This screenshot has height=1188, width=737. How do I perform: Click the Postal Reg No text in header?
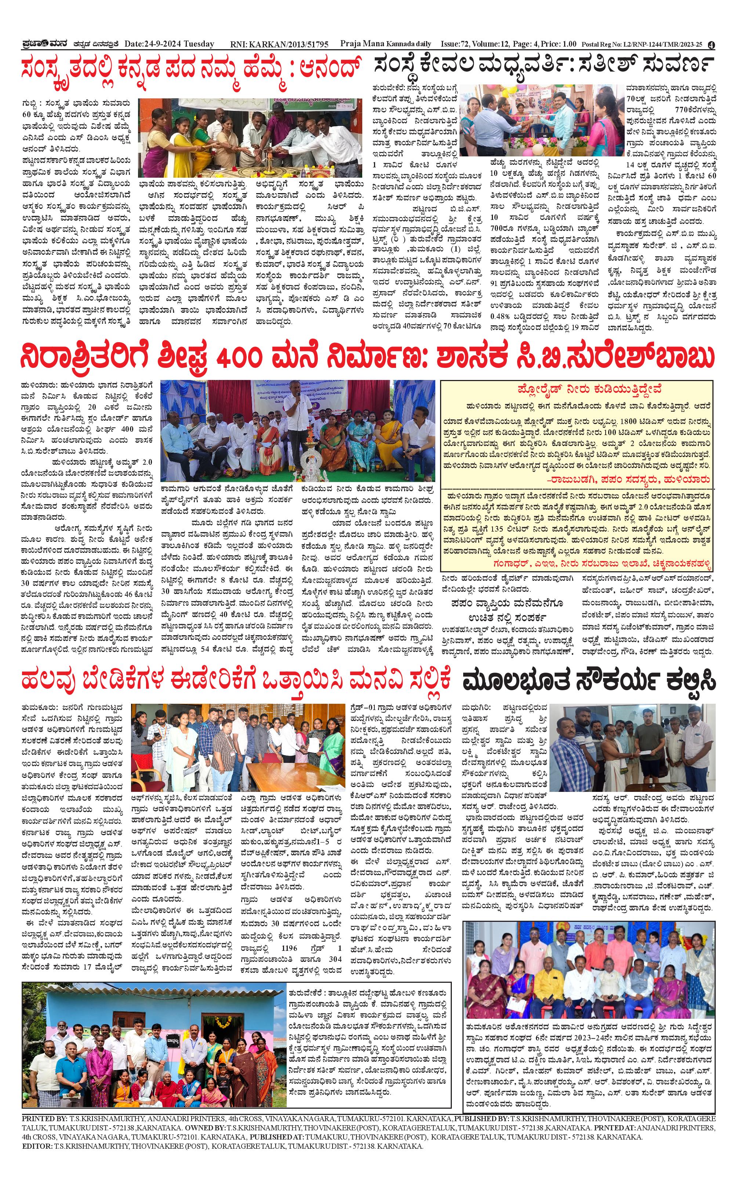642,45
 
